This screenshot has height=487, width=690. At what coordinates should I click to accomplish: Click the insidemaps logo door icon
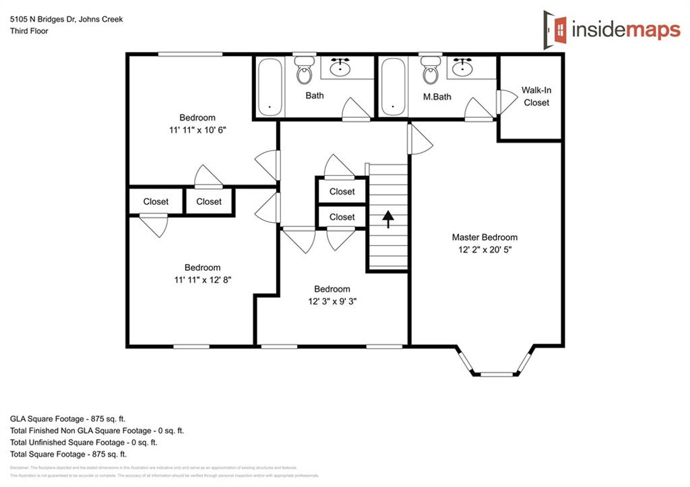point(556,28)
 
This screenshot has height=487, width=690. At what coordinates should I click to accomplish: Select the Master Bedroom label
point(484,237)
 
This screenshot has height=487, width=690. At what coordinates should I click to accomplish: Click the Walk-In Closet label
point(536,96)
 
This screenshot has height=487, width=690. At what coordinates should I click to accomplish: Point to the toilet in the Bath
point(305,69)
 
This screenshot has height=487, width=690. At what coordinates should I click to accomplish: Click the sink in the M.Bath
point(462,67)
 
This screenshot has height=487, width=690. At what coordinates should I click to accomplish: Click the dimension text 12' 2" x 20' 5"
point(484,249)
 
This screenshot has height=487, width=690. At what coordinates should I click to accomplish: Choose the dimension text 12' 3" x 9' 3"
point(332,302)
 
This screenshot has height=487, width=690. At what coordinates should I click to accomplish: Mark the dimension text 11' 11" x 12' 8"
point(202,280)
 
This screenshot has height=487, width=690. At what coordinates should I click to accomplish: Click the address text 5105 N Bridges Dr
point(66,20)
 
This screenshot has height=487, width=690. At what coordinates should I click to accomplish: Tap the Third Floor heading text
point(29,31)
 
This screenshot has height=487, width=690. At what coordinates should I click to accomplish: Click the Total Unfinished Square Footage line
point(84,443)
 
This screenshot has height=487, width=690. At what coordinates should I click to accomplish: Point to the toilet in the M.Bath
point(429,69)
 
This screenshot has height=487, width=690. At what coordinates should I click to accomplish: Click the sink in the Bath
point(343,67)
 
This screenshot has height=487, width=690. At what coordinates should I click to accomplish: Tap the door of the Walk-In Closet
point(502,101)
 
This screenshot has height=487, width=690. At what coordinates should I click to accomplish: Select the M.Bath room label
point(437,97)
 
